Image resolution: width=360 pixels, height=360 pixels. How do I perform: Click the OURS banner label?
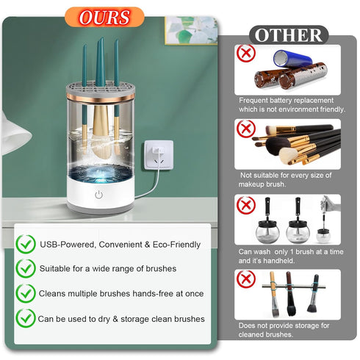point(104,17)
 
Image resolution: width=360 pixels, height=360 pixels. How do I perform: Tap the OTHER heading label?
point(289,35)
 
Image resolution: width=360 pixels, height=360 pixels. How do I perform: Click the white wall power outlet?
point(159,155)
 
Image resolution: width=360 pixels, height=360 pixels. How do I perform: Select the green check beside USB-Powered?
point(26,244)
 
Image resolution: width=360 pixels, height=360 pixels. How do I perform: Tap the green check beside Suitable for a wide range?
point(26,268)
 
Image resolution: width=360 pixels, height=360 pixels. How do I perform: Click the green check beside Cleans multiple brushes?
point(26,293)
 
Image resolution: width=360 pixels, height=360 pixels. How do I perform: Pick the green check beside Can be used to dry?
point(26,318)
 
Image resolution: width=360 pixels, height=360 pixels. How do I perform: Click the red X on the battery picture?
point(246,54)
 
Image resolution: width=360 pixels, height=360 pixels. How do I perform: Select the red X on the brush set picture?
point(246,129)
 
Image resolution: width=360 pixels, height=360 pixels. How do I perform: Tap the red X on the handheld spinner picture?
point(246,205)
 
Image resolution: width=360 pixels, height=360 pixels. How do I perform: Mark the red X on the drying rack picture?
point(246,279)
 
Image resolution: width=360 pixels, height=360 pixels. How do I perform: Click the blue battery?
point(292,59)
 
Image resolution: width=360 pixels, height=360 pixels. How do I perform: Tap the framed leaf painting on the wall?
point(191,31)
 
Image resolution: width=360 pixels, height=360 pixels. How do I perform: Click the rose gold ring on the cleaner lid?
point(101,98)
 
